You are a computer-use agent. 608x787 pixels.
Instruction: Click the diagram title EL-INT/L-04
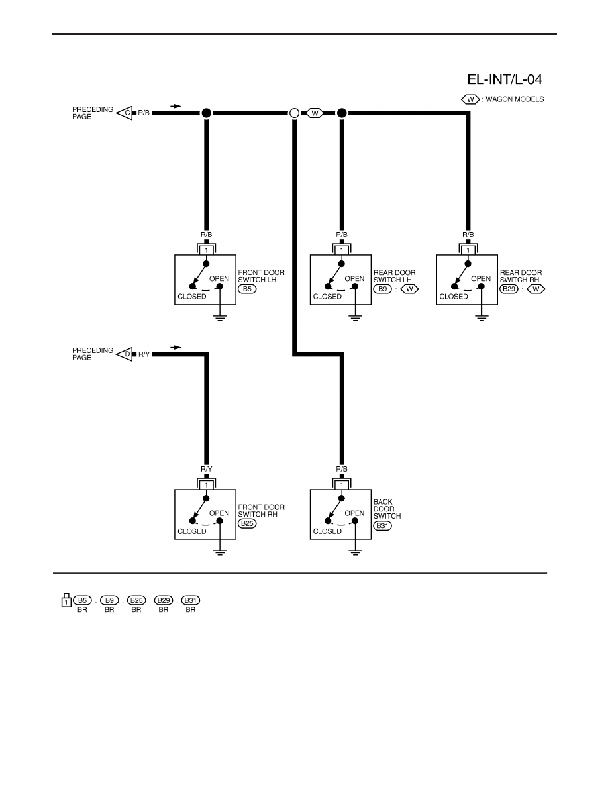point(505,79)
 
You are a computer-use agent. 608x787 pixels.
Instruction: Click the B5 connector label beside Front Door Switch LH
point(247,289)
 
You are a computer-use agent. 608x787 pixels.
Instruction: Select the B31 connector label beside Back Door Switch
point(383,525)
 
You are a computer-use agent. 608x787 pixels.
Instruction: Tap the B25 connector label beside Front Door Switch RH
point(247,523)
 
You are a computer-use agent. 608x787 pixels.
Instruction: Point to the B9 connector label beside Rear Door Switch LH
point(383,289)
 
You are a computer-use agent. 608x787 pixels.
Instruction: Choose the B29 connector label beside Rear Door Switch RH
point(509,289)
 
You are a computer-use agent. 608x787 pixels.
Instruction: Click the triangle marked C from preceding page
point(125,113)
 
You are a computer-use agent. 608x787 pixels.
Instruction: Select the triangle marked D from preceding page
point(125,354)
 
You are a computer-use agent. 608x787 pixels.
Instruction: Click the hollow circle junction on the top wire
point(295,113)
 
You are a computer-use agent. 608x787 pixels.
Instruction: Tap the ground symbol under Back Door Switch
point(355,552)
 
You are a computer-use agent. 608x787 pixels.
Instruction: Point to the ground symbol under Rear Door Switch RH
point(481,317)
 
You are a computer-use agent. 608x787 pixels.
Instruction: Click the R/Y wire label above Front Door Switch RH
point(207,469)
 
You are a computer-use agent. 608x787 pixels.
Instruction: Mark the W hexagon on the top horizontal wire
point(315,113)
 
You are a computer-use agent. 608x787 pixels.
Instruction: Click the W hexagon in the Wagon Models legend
point(470,99)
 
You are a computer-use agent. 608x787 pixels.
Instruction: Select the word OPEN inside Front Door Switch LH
point(219,278)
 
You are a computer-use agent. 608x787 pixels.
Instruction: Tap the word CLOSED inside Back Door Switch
point(327,531)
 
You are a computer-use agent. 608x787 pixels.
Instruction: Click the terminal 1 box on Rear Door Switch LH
point(342,250)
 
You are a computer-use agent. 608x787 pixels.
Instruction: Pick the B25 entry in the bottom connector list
point(136,600)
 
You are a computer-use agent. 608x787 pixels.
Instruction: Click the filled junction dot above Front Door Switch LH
point(206,113)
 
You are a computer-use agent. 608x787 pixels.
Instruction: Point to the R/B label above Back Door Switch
point(342,469)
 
